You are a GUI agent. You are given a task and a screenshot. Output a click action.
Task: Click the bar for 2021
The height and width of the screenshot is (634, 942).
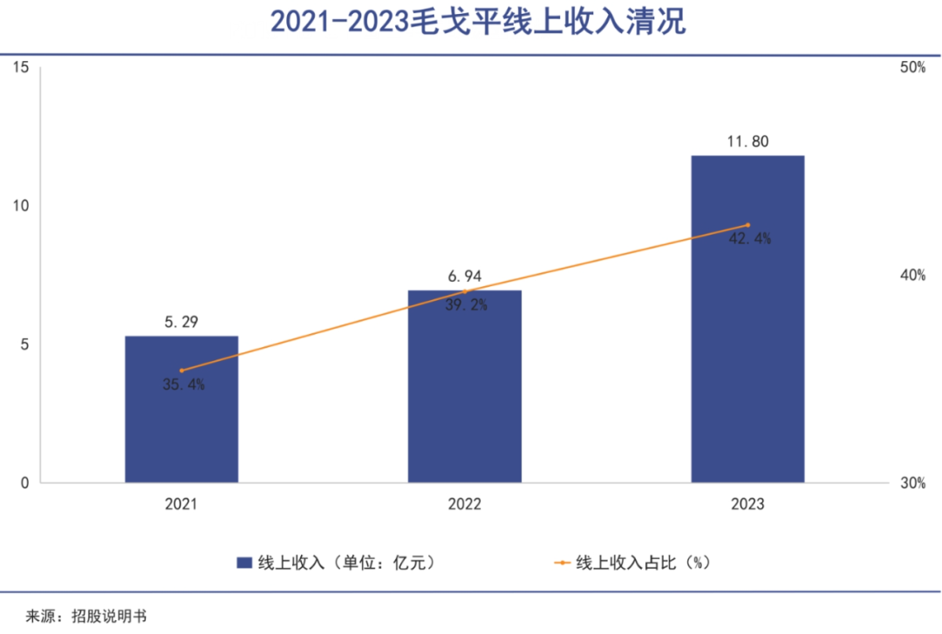point(181,409)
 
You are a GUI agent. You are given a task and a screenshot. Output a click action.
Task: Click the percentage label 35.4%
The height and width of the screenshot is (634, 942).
point(183,385)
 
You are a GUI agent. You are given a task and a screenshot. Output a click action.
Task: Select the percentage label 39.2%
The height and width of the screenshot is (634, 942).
point(466,305)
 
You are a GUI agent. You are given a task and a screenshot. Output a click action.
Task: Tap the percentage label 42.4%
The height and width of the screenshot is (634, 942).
point(749,239)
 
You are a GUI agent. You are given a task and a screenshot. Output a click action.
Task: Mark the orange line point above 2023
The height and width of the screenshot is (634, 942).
point(747,225)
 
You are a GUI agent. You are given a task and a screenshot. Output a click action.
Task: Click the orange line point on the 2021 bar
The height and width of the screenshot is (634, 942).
point(181,371)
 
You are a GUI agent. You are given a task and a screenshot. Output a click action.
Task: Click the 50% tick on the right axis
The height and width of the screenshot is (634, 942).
point(911,68)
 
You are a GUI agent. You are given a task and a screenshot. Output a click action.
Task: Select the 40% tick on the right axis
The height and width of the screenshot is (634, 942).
point(911,276)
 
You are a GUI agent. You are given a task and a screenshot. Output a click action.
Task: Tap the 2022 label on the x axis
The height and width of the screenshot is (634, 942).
point(465,505)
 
